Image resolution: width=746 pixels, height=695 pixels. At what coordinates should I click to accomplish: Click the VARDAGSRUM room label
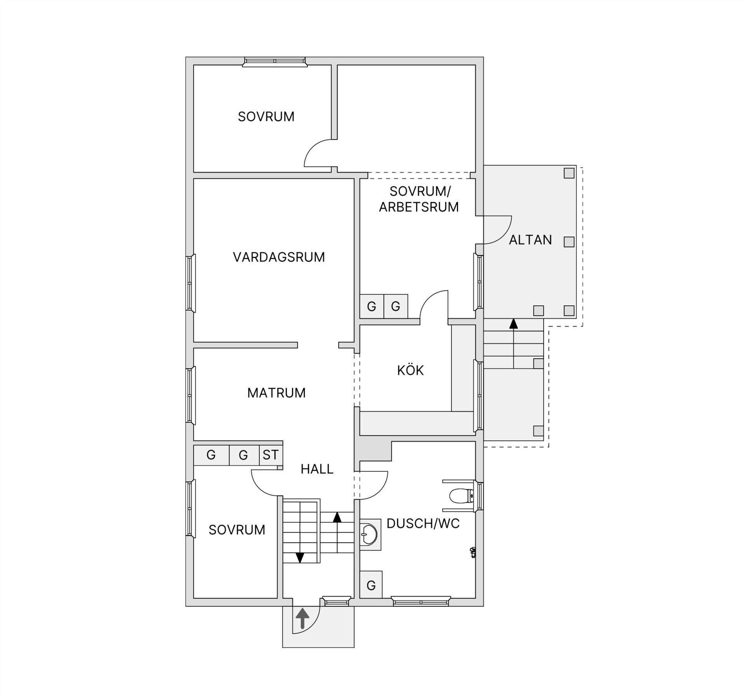coord(279,257)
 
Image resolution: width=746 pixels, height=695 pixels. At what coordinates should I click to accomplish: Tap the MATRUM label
coord(276,393)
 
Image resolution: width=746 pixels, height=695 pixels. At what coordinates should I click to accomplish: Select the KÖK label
coord(410,370)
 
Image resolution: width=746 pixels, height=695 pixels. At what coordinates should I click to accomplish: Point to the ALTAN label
coord(530,240)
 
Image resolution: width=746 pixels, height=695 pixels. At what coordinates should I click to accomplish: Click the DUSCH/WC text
coord(423,524)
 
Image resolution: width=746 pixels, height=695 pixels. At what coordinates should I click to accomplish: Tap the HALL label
coord(317,469)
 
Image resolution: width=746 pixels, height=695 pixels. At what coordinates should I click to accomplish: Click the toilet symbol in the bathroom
coord(461,496)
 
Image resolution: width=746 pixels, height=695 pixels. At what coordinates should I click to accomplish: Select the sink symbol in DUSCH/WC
coord(369,534)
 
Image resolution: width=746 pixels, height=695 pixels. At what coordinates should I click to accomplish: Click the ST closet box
coord(270,455)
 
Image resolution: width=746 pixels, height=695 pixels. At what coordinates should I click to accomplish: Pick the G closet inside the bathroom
coord(371,585)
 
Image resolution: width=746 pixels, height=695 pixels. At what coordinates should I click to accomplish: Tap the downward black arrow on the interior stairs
coord(300,558)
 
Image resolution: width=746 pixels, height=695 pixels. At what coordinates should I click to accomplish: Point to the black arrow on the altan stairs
coord(514,324)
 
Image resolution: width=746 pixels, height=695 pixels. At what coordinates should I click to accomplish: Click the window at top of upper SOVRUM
coord(275,61)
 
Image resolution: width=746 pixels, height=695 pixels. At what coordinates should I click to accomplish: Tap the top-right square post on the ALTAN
coord(569,173)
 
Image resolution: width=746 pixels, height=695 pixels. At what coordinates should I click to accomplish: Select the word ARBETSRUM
coord(419,207)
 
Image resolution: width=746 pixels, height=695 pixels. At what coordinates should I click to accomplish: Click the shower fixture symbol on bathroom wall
coord(473,552)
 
